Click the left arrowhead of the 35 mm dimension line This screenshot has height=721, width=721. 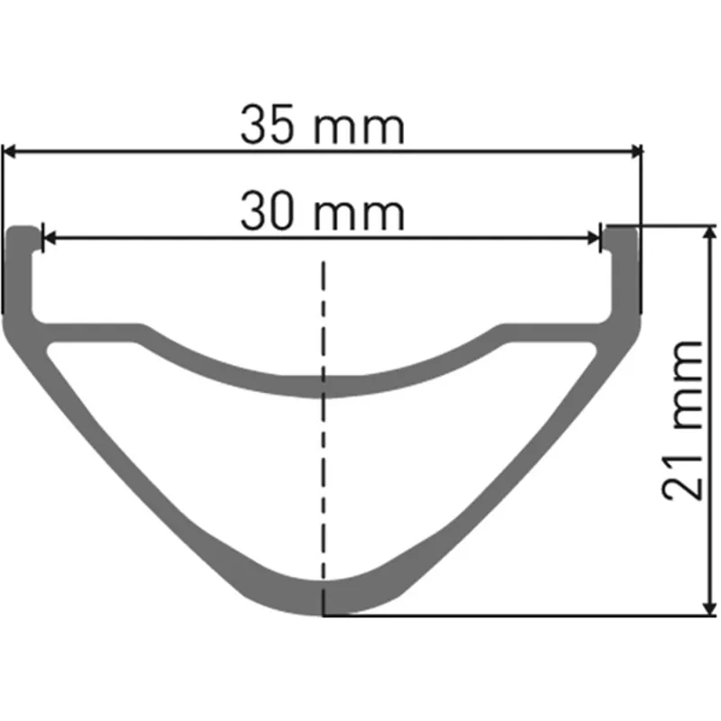pos(11,152)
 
